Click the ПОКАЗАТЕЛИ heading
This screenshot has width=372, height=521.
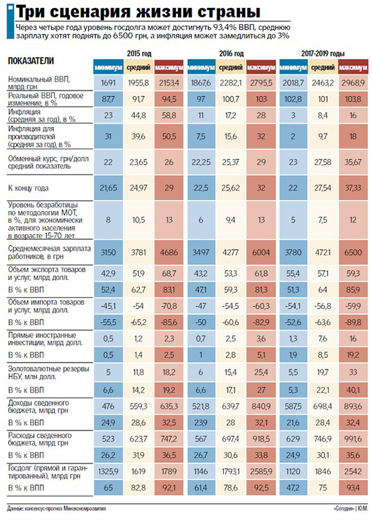pyautogui.click(x=30, y=60)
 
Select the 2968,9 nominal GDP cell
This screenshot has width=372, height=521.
pyautogui.click(x=355, y=83)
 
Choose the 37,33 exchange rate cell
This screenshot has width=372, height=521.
pyautogui.click(x=355, y=186)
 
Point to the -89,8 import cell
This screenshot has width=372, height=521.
pyautogui.click(x=355, y=322)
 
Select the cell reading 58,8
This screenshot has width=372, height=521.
pyautogui.click(x=169, y=115)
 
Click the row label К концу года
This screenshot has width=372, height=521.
pyautogui.click(x=29, y=186)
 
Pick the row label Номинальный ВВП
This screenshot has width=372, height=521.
pyautogui.click(x=31, y=79)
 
